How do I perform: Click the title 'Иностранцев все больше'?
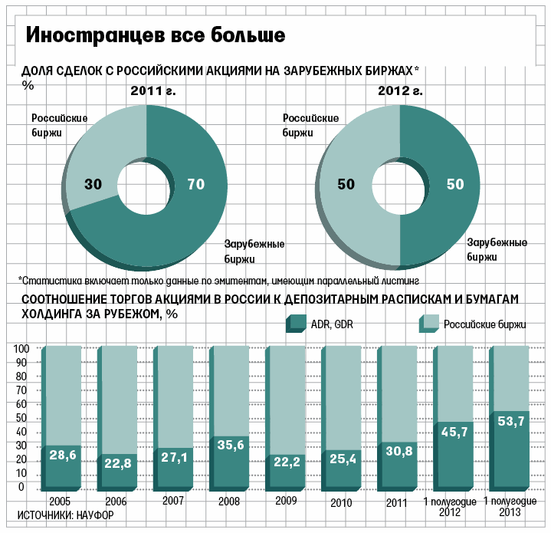point(156,35)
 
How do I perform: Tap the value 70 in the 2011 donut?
point(196,184)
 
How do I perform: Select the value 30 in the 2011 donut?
point(93,184)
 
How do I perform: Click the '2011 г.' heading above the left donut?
point(153,90)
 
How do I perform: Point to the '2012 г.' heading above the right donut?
point(400,90)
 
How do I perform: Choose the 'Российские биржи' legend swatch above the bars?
point(428,324)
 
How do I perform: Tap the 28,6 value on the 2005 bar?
point(63,456)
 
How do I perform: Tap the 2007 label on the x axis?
point(174,500)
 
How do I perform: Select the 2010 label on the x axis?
point(340,504)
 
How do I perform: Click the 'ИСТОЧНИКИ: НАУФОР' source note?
point(64,515)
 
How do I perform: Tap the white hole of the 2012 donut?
point(399,184)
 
